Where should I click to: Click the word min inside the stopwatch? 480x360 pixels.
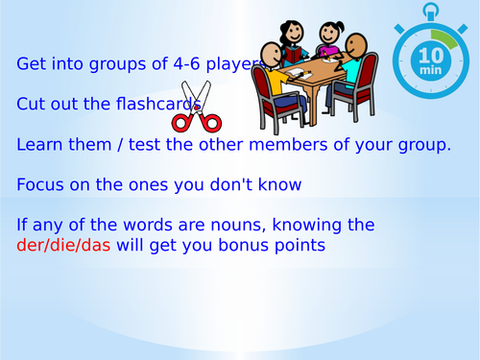click(x=429, y=73)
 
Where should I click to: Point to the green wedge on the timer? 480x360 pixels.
click(x=444, y=40)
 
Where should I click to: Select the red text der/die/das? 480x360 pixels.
click(x=63, y=245)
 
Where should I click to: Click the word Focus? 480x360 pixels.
click(x=40, y=184)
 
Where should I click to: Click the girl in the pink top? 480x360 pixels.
click(x=328, y=37)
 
